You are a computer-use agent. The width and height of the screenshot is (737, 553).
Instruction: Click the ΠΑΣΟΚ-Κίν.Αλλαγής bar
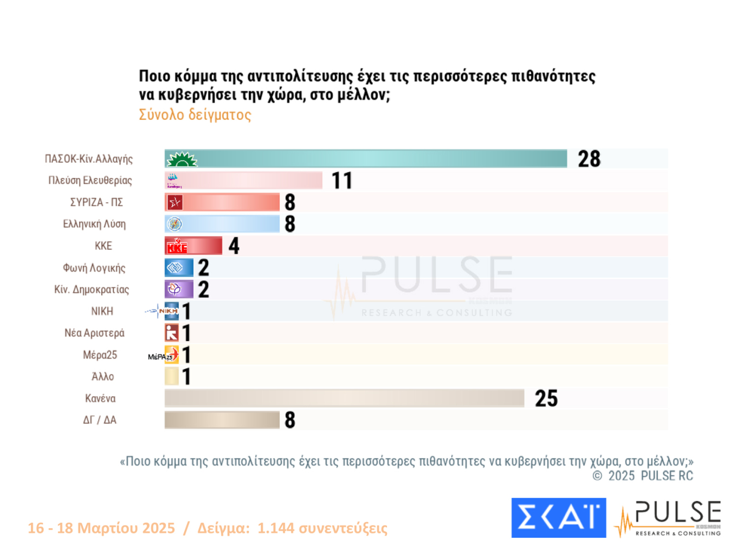379,159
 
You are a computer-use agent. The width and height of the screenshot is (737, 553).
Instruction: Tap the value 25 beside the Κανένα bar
546,398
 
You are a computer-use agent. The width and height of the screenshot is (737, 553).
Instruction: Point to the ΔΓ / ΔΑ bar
222,420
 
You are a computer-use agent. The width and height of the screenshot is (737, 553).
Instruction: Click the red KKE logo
177,246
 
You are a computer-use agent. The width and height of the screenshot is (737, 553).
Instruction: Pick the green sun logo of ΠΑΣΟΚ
182,159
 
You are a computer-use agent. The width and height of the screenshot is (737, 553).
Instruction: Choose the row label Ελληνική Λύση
94,224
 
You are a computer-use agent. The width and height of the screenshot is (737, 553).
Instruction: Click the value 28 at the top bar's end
589,159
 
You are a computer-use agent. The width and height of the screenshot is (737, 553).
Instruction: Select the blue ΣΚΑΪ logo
558,518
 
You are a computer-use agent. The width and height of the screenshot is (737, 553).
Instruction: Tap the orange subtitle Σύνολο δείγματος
195,115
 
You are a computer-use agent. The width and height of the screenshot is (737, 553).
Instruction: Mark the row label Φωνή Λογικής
94,268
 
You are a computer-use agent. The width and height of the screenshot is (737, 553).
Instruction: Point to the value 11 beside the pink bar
342,181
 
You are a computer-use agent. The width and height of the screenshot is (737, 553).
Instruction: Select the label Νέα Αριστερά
94,333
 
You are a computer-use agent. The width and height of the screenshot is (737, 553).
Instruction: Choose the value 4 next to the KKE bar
234,246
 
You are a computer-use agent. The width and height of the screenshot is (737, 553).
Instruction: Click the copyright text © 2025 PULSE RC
643,476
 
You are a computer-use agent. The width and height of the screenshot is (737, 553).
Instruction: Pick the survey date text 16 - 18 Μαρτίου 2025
101,528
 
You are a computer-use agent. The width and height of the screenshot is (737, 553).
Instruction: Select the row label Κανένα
100,398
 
